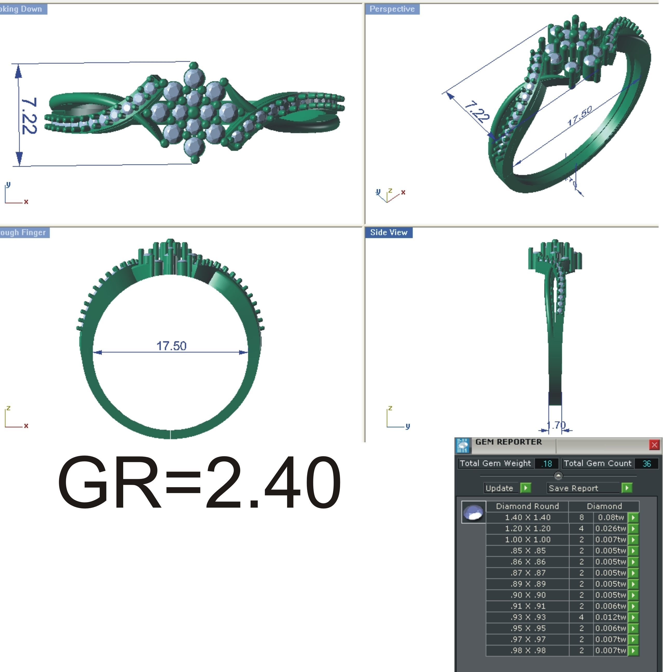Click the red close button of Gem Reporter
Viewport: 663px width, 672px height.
[654, 445]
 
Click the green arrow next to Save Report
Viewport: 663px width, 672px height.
[626, 488]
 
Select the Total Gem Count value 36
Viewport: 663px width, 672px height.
[646, 464]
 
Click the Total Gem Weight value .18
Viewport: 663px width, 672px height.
[547, 464]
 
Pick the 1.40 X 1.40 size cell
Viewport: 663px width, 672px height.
[527, 517]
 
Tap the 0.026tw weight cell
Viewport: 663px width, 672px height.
[610, 529]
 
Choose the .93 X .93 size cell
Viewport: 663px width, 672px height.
[527, 617]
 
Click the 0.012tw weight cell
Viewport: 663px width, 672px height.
[610, 617]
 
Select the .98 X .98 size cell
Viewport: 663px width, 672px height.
[527, 650]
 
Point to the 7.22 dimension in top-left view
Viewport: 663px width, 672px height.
[29, 116]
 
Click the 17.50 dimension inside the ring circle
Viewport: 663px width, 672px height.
[171, 346]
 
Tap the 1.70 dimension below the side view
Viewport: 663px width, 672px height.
[556, 425]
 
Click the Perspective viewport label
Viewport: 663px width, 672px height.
[392, 9]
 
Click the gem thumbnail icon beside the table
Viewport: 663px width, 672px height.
[473, 512]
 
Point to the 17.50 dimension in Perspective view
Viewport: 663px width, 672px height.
[579, 116]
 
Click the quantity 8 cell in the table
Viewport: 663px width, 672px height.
[581, 517]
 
